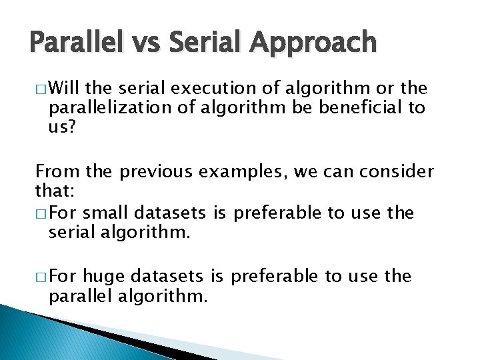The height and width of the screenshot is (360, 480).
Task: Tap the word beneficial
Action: click(357, 108)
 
